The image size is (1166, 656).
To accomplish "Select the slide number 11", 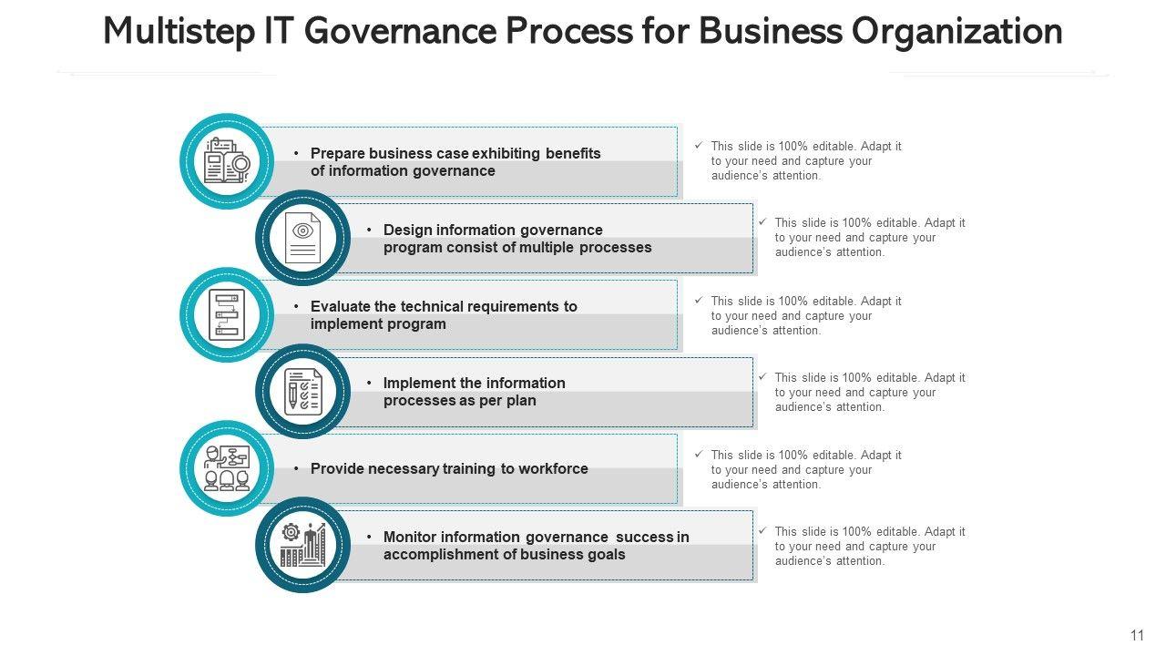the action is point(1137,636).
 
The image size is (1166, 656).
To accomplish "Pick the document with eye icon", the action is point(302,238).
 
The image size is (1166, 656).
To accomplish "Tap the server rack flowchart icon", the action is point(227,315).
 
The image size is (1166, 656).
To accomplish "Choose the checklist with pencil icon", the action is point(302,392).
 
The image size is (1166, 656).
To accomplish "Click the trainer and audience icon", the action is point(227,468).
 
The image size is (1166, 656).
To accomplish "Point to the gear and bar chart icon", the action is point(302,545).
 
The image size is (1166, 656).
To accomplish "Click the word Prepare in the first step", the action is point(338,154).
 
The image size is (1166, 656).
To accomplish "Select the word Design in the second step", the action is point(406,231).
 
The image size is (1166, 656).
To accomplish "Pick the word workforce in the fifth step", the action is point(553,469).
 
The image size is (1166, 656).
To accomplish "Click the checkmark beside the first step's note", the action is point(699,146).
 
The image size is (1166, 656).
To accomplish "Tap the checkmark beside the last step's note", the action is point(762,531).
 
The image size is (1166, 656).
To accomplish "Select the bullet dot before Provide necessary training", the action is point(296,469).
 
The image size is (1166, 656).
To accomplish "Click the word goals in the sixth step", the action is point(606,555).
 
